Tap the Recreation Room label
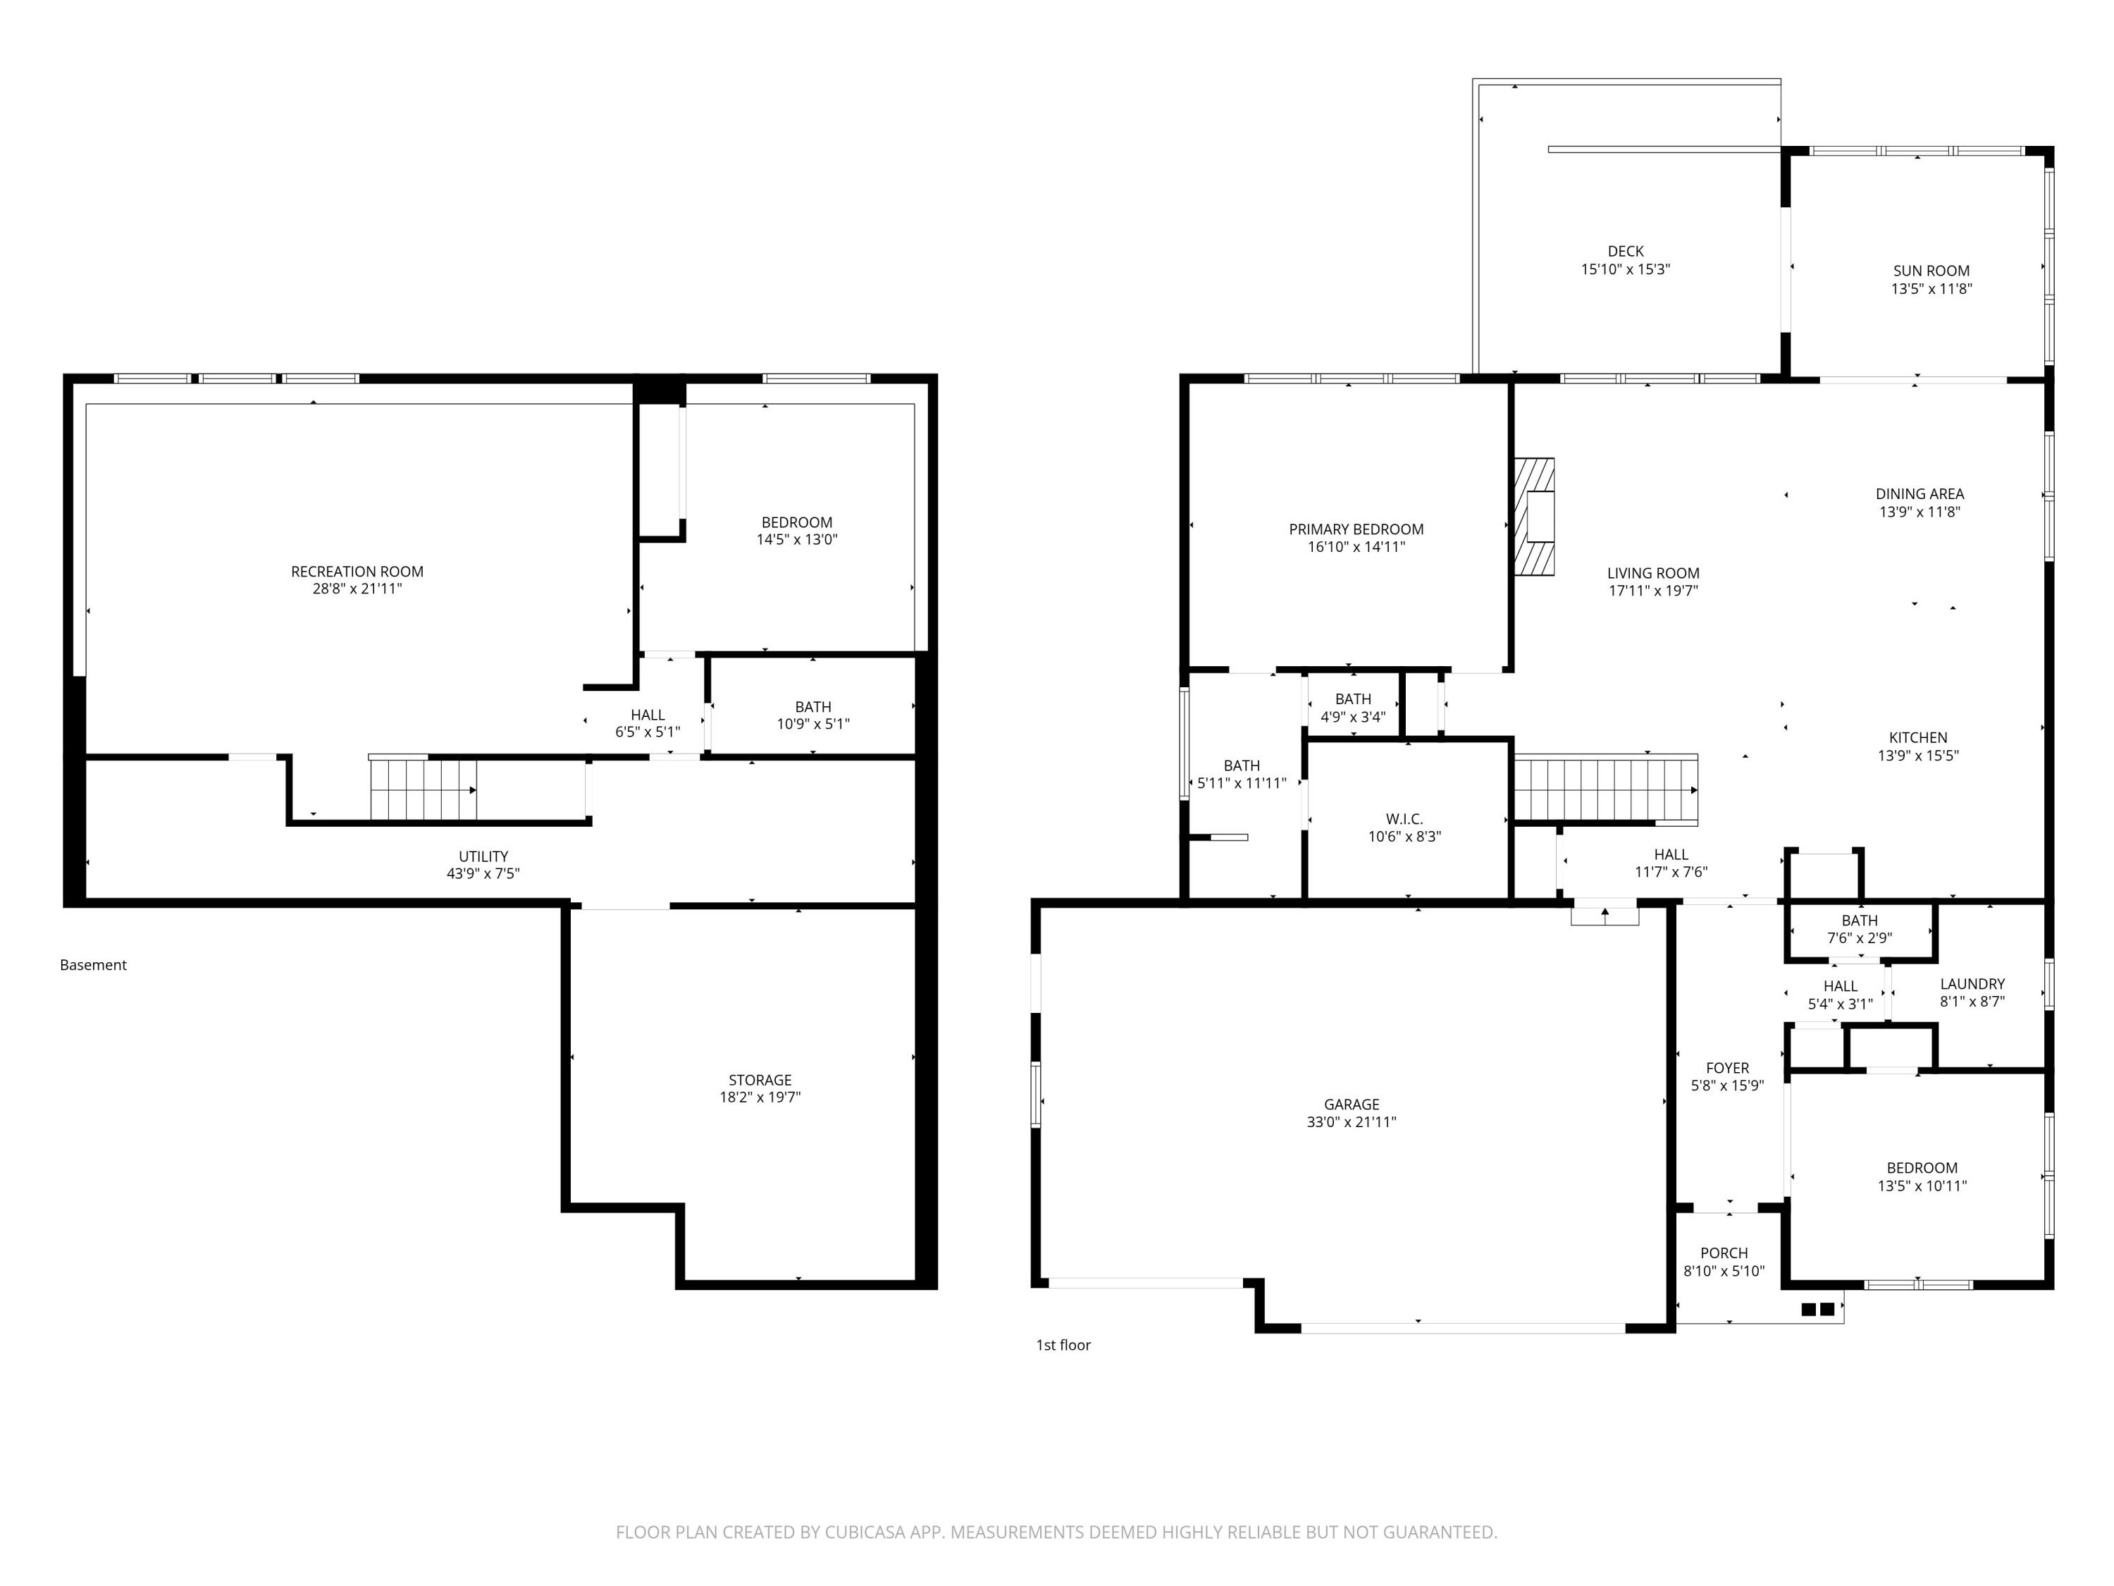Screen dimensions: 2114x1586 point(357,572)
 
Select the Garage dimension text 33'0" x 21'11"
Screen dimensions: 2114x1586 point(1352,1121)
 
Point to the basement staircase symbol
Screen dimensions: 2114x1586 point(424,789)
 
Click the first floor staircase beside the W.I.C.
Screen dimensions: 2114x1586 point(1605,789)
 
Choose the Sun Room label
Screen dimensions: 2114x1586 point(1931,271)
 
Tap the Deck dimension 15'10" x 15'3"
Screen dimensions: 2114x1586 point(1626,269)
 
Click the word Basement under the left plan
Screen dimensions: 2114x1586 point(93,964)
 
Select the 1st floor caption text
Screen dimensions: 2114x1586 point(1063,1344)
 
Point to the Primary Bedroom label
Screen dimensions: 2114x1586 point(1356,529)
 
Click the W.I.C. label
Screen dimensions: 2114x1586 point(1404,819)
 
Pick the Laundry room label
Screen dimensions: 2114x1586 point(1972,984)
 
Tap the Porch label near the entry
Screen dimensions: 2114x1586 point(1724,1253)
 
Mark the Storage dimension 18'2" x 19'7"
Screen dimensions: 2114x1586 point(760,1098)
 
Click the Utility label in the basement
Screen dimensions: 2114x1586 point(483,856)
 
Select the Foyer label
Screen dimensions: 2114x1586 point(1727,1068)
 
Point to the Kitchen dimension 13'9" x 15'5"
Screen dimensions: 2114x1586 point(1918,755)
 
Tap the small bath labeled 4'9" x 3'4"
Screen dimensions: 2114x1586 point(1353,708)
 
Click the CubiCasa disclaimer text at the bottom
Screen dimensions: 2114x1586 point(1056,1532)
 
